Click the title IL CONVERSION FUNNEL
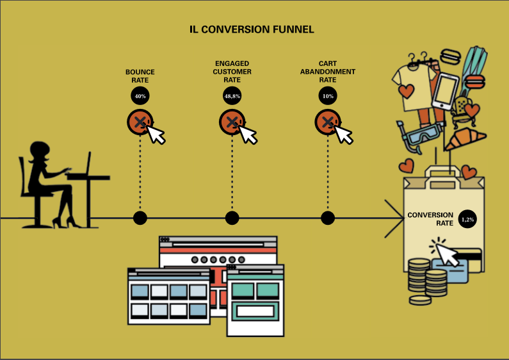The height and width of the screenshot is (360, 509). pos(252,29)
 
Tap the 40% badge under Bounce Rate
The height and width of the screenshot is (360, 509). pos(140,96)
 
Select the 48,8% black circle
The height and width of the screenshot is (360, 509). pos(232,96)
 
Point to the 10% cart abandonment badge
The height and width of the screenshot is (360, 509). pos(328,96)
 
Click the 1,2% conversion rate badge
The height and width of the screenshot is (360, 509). pos(467,219)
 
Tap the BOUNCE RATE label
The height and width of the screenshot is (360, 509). pos(140,76)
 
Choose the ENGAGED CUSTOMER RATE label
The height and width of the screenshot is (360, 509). pos(232,72)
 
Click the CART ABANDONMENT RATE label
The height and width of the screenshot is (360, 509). pos(328,72)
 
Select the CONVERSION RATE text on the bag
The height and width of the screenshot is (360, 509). pos(430,219)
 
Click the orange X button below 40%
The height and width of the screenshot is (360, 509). pos(140,122)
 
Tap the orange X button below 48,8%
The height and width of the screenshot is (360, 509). pos(232,122)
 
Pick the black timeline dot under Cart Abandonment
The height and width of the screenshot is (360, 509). pos(328,218)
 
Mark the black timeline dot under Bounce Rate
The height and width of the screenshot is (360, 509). pos(140,218)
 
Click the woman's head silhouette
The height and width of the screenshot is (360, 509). pos(39,151)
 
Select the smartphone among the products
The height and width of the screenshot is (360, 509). pos(445,92)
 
